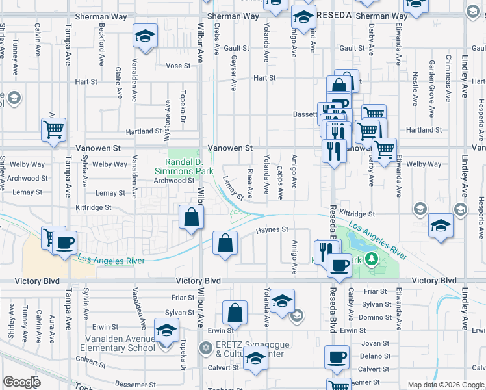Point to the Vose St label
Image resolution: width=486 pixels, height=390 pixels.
pyautogui.click(x=178, y=66)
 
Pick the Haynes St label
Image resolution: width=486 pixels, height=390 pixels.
pyautogui.click(x=272, y=229)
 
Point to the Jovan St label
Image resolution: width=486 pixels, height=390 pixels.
pyautogui.click(x=376, y=343)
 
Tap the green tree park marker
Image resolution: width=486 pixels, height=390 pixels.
pyautogui.click(x=372, y=259)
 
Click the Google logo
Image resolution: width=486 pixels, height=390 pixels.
pyautogui.click(x=22, y=382)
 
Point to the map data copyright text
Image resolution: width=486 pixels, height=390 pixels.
pyautogui.click(x=445, y=385)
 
